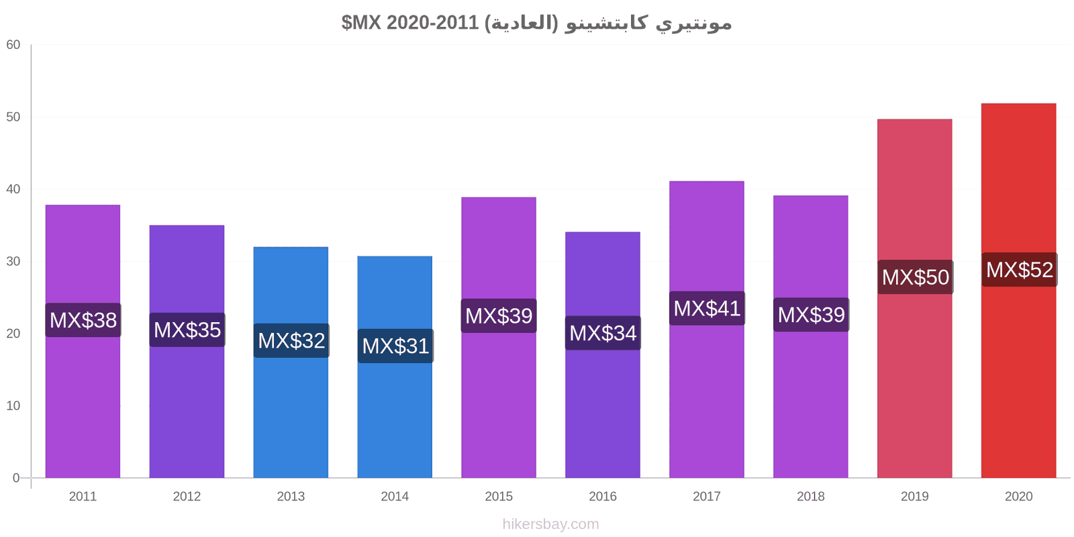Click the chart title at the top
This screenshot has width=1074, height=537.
click(536, 23)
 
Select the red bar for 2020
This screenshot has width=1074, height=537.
click(1018, 291)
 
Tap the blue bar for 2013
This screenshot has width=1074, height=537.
click(291, 362)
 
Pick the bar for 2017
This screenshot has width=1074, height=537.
click(707, 330)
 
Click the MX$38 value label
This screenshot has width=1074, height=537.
click(83, 320)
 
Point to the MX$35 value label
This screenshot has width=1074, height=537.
click(187, 330)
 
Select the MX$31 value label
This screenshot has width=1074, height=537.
click(395, 346)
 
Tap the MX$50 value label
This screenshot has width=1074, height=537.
click(916, 277)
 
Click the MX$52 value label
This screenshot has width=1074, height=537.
click(1020, 269)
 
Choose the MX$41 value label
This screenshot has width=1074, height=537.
click(707, 308)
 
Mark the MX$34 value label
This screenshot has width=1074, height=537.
click(603, 333)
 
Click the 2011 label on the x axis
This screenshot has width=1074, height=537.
click(83, 496)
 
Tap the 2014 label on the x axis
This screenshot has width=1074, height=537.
click(395, 496)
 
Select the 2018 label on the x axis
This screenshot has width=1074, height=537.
click(811, 496)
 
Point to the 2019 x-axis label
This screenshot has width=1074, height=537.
click(915, 496)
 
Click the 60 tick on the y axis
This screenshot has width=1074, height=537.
click(13, 44)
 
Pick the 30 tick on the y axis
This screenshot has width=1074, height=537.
click(13, 261)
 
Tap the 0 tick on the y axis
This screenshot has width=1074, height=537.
click(16, 478)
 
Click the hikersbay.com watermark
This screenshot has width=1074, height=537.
click(550, 524)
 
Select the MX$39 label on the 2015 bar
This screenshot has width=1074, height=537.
click(499, 315)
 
